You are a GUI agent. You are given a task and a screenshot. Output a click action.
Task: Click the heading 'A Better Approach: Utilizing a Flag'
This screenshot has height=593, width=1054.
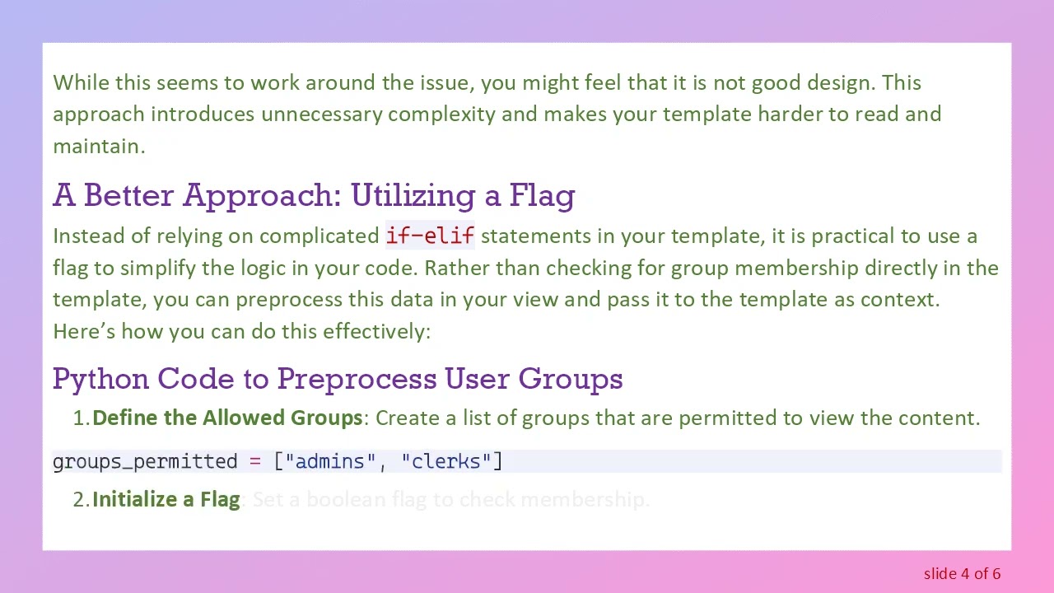click(314, 196)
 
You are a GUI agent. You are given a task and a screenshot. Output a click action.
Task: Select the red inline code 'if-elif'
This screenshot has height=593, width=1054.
click(430, 236)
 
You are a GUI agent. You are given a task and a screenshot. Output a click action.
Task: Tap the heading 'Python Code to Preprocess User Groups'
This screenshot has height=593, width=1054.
click(338, 379)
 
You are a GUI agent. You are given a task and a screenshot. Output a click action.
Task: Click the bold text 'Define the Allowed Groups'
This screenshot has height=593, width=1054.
click(227, 418)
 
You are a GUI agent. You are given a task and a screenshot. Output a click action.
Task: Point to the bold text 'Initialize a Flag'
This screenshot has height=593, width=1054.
click(166, 499)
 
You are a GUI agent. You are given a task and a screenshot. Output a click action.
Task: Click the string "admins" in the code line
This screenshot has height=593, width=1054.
click(330, 461)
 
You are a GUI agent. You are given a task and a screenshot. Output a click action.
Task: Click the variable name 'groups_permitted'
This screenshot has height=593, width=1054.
click(145, 461)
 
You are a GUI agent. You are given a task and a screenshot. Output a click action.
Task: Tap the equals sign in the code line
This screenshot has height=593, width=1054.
click(254, 461)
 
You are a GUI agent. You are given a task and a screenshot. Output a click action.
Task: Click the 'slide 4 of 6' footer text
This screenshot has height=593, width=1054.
click(962, 573)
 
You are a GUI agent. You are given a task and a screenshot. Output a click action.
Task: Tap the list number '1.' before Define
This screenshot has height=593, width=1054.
click(81, 418)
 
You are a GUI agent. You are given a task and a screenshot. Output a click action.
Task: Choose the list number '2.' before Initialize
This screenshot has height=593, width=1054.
click(81, 499)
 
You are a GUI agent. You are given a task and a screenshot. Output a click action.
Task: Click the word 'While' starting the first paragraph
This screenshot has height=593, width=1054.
click(81, 82)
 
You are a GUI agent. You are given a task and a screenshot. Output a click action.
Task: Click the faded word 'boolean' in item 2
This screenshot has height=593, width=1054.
click(346, 499)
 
